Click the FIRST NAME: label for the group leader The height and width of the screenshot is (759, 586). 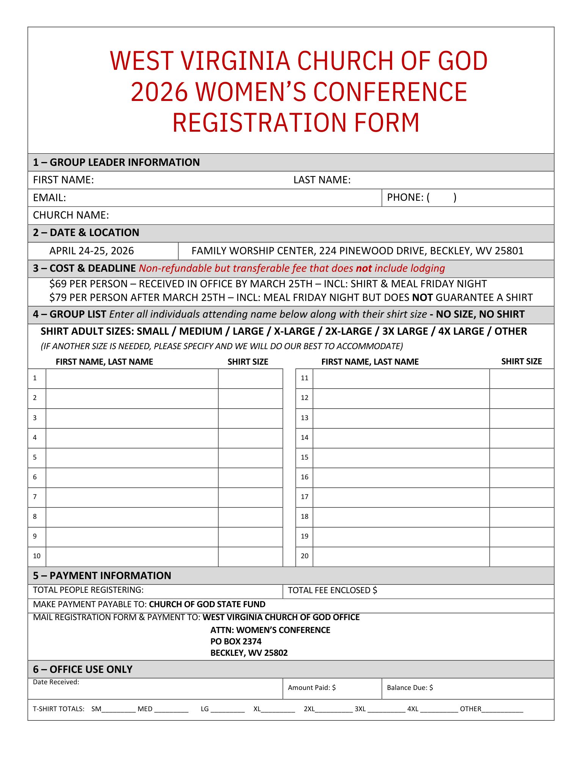63,180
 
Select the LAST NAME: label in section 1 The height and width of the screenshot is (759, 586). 322,180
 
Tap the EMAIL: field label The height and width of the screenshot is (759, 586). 49,198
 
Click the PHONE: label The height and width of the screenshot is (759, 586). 405,197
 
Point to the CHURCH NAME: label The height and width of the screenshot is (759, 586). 71,215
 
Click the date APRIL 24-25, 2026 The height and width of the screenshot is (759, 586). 91,251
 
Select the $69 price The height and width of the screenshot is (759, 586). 58,284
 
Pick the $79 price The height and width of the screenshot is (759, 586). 58,298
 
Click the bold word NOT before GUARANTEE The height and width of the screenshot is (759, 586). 422,298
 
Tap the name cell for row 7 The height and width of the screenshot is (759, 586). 132,497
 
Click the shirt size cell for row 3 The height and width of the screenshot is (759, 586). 250,418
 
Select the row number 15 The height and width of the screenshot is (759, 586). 304,457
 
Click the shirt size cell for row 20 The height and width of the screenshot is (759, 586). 522,556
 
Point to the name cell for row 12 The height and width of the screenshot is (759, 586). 401,398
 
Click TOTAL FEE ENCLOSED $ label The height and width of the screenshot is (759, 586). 332,590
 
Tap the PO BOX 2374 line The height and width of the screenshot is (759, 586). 236,641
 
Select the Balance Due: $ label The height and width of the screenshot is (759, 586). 410,688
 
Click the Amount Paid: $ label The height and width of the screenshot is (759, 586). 311,688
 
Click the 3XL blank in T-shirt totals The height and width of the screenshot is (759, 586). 386,709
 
